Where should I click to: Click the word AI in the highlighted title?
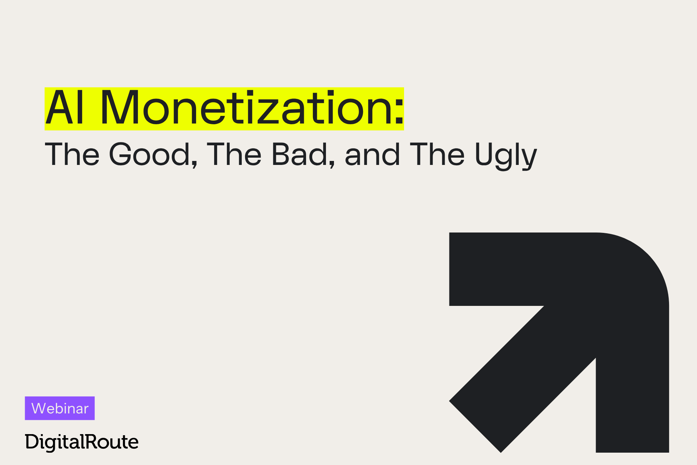[65, 108]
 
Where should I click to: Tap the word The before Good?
[72, 154]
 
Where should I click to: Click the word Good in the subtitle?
[150, 154]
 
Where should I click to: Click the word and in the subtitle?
[372, 154]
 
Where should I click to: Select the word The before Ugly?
[437, 154]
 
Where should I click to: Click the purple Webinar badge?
[60, 408]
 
